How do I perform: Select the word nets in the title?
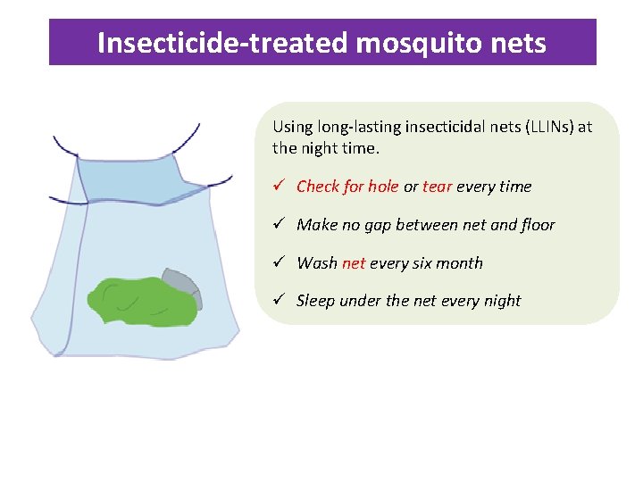517,43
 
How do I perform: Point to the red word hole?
383,187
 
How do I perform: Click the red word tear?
437,187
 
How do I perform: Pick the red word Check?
318,187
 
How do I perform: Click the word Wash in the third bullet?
316,263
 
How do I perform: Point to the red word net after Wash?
354,263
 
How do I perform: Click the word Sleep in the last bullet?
315,301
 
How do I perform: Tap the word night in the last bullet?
502,301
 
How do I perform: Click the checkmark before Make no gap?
279,224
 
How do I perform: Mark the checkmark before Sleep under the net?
279,300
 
